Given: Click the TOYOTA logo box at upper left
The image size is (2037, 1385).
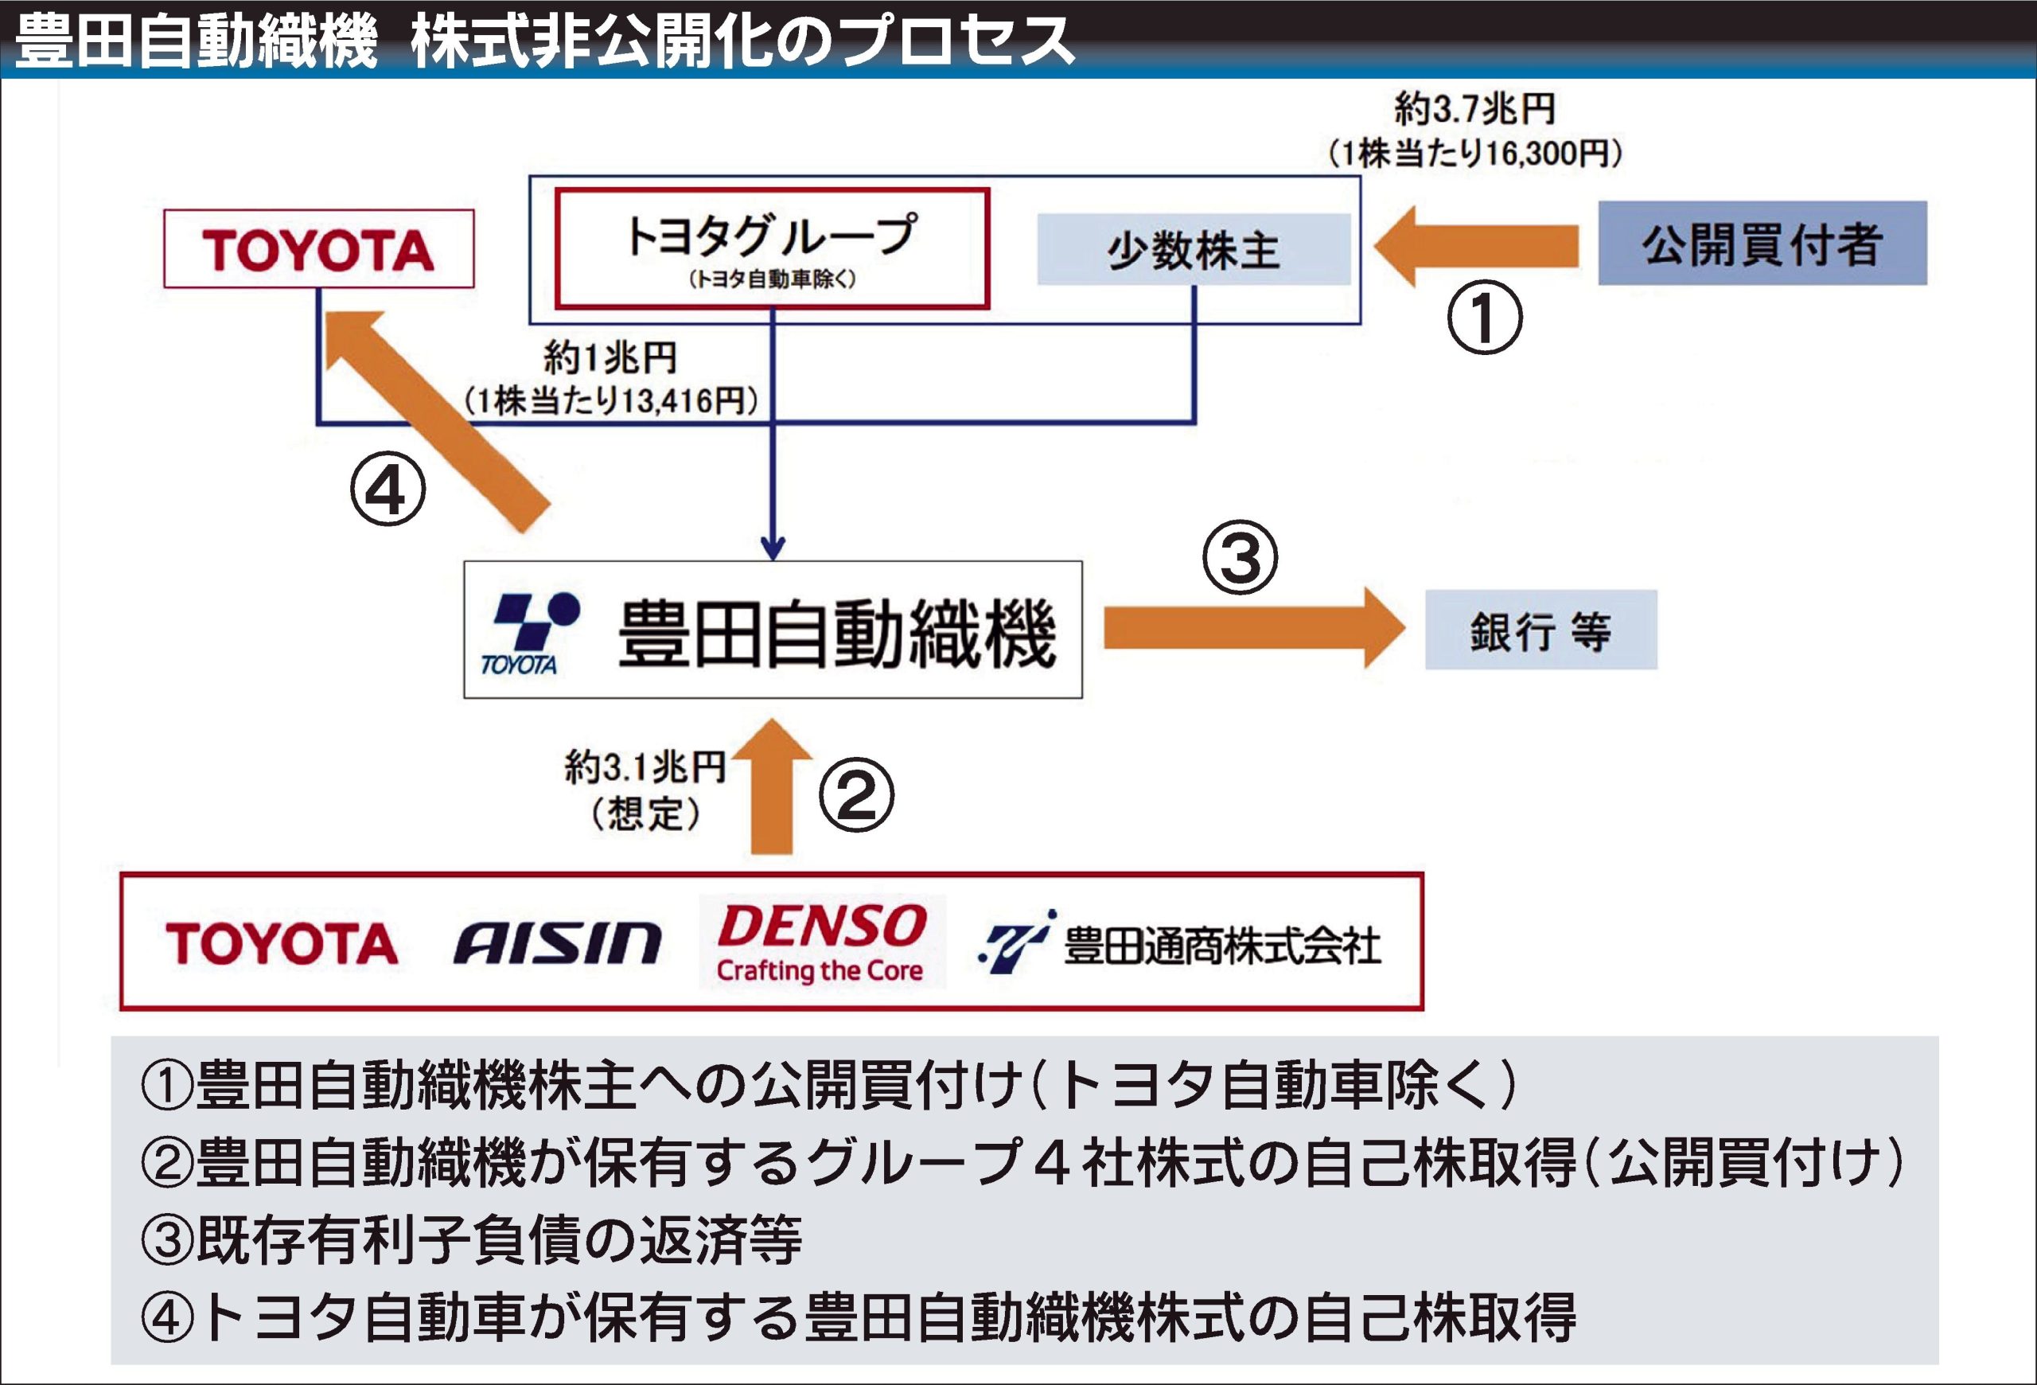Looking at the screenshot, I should coord(319,249).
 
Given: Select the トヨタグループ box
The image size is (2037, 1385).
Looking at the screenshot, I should coord(772,248).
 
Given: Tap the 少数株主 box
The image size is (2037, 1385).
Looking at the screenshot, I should coord(1193,249).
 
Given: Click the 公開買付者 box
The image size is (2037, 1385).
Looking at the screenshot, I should coord(1762,243).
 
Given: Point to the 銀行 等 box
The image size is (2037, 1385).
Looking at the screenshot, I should coord(1540,630).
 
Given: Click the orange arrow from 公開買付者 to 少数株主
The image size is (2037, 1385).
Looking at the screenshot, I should coord(1477,246).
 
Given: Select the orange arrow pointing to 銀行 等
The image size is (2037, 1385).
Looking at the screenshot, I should coord(1253,629).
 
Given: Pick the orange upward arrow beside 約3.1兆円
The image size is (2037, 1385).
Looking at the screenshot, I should coord(772,787).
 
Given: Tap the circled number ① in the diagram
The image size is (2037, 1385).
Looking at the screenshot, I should coord(1483,318).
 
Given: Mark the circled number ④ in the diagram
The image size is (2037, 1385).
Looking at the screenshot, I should coord(388,490).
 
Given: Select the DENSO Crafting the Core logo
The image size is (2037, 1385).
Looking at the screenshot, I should coord(821,942).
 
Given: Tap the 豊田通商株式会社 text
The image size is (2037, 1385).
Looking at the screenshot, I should coord(1222,946).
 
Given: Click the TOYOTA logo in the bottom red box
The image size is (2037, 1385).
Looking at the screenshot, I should coord(282,943).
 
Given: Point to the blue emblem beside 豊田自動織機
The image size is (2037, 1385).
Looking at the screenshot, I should coord(532,633).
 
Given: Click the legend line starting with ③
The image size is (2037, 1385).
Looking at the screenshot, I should coord(472,1239).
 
